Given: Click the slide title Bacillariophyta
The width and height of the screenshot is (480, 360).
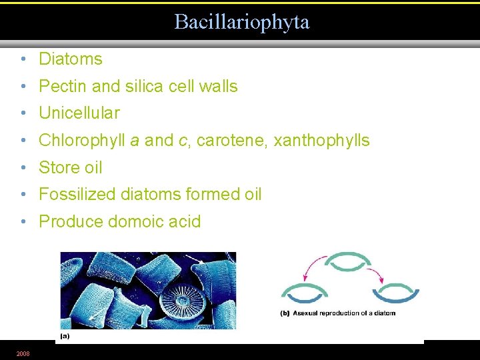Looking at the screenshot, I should pyautogui.click(x=241, y=22).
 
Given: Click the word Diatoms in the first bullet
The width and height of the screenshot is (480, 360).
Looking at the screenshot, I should pyautogui.click(x=71, y=59).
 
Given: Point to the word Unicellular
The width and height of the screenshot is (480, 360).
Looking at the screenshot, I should pyautogui.click(x=79, y=113).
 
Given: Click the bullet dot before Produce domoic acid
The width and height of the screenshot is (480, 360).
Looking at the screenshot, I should pyautogui.click(x=23, y=222).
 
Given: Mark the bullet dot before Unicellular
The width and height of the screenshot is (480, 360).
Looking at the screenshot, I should pyautogui.click(x=23, y=113).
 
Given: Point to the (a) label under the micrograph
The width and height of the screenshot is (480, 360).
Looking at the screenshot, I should pyautogui.click(x=65, y=337).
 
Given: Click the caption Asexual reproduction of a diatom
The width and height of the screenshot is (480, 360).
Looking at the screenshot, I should pyautogui.click(x=337, y=313).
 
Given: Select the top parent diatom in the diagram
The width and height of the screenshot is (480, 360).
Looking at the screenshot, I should pyautogui.click(x=351, y=261).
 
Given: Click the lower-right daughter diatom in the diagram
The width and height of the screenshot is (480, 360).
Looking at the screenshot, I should pyautogui.click(x=395, y=293).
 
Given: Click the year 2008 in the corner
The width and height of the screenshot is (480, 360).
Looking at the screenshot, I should pyautogui.click(x=23, y=353).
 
